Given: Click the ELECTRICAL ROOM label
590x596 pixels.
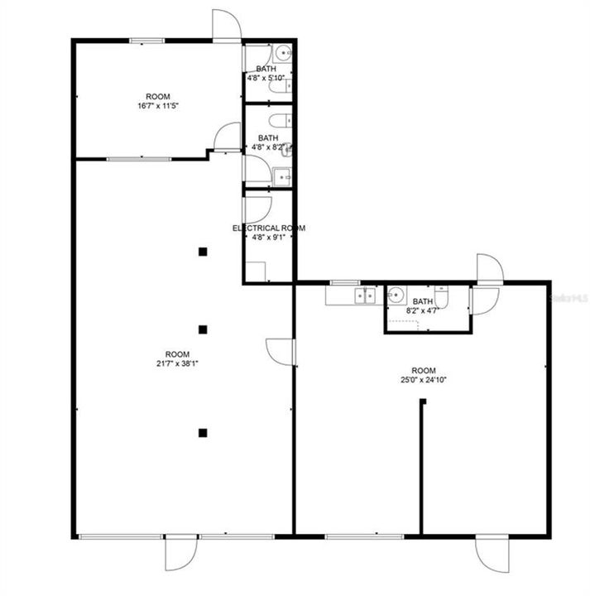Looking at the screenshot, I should pos(268,228).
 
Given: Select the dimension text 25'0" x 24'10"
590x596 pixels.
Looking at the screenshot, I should pos(424,380).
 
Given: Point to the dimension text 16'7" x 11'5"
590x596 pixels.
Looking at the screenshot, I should pos(158,106).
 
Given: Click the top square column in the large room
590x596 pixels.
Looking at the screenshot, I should pos(202,252).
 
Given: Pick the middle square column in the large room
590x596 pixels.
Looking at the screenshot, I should pos(202,329).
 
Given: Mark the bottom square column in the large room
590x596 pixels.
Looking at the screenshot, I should pos(202,431).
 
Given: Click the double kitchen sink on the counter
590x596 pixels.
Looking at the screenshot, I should pos(364,295).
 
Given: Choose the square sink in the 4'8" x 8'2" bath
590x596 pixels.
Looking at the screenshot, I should pos(283,175).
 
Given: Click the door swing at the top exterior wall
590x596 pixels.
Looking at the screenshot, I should pos(226,25).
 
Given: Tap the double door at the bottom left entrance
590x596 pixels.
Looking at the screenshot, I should pos(181,552).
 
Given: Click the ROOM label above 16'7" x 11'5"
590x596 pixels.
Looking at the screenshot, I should pos(158,96).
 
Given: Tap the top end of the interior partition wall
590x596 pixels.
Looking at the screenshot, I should pos(422,402).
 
